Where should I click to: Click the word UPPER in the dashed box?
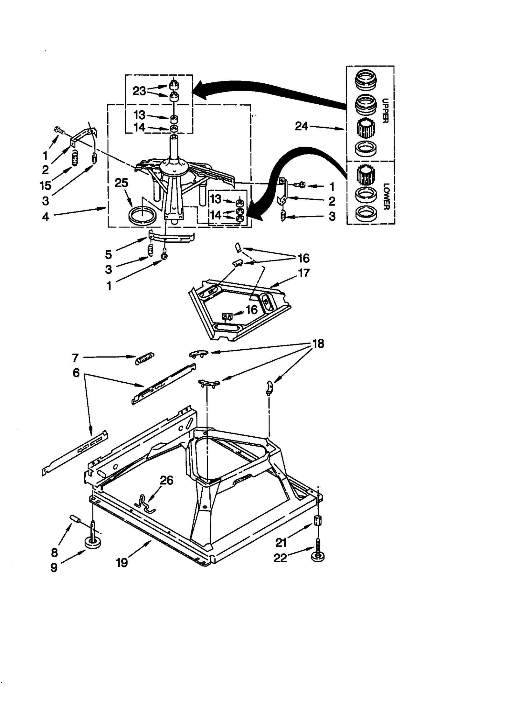coord(385,111)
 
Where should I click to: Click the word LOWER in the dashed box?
coord(386,196)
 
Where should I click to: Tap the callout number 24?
coord(301,126)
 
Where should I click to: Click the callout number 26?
coord(166,480)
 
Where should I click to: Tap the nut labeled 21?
coord(318,521)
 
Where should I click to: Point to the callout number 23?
coord(139,91)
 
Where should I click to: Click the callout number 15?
coord(45,185)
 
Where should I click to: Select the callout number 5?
coord(108,254)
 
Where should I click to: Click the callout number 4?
coord(45,217)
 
